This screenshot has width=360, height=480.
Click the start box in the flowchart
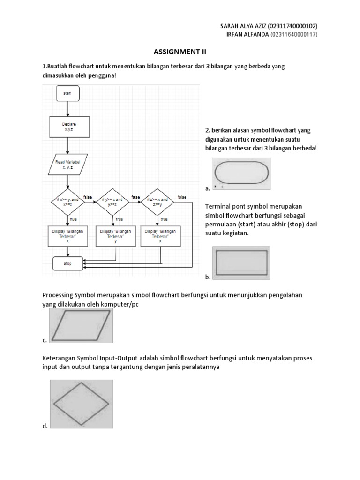point(68,93)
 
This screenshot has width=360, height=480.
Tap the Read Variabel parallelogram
point(69,164)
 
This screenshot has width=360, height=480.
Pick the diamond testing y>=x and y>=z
point(112,202)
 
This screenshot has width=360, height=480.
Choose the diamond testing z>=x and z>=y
point(157,202)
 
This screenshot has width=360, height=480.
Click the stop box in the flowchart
point(68,263)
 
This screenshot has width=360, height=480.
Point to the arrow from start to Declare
point(68,109)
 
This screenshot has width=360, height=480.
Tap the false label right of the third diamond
point(182,197)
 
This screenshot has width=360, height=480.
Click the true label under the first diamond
point(74,219)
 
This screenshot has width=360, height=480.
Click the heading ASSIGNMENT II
point(180,52)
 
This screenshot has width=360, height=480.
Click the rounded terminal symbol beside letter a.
point(242,173)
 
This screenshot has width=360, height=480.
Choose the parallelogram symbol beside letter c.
point(81,326)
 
